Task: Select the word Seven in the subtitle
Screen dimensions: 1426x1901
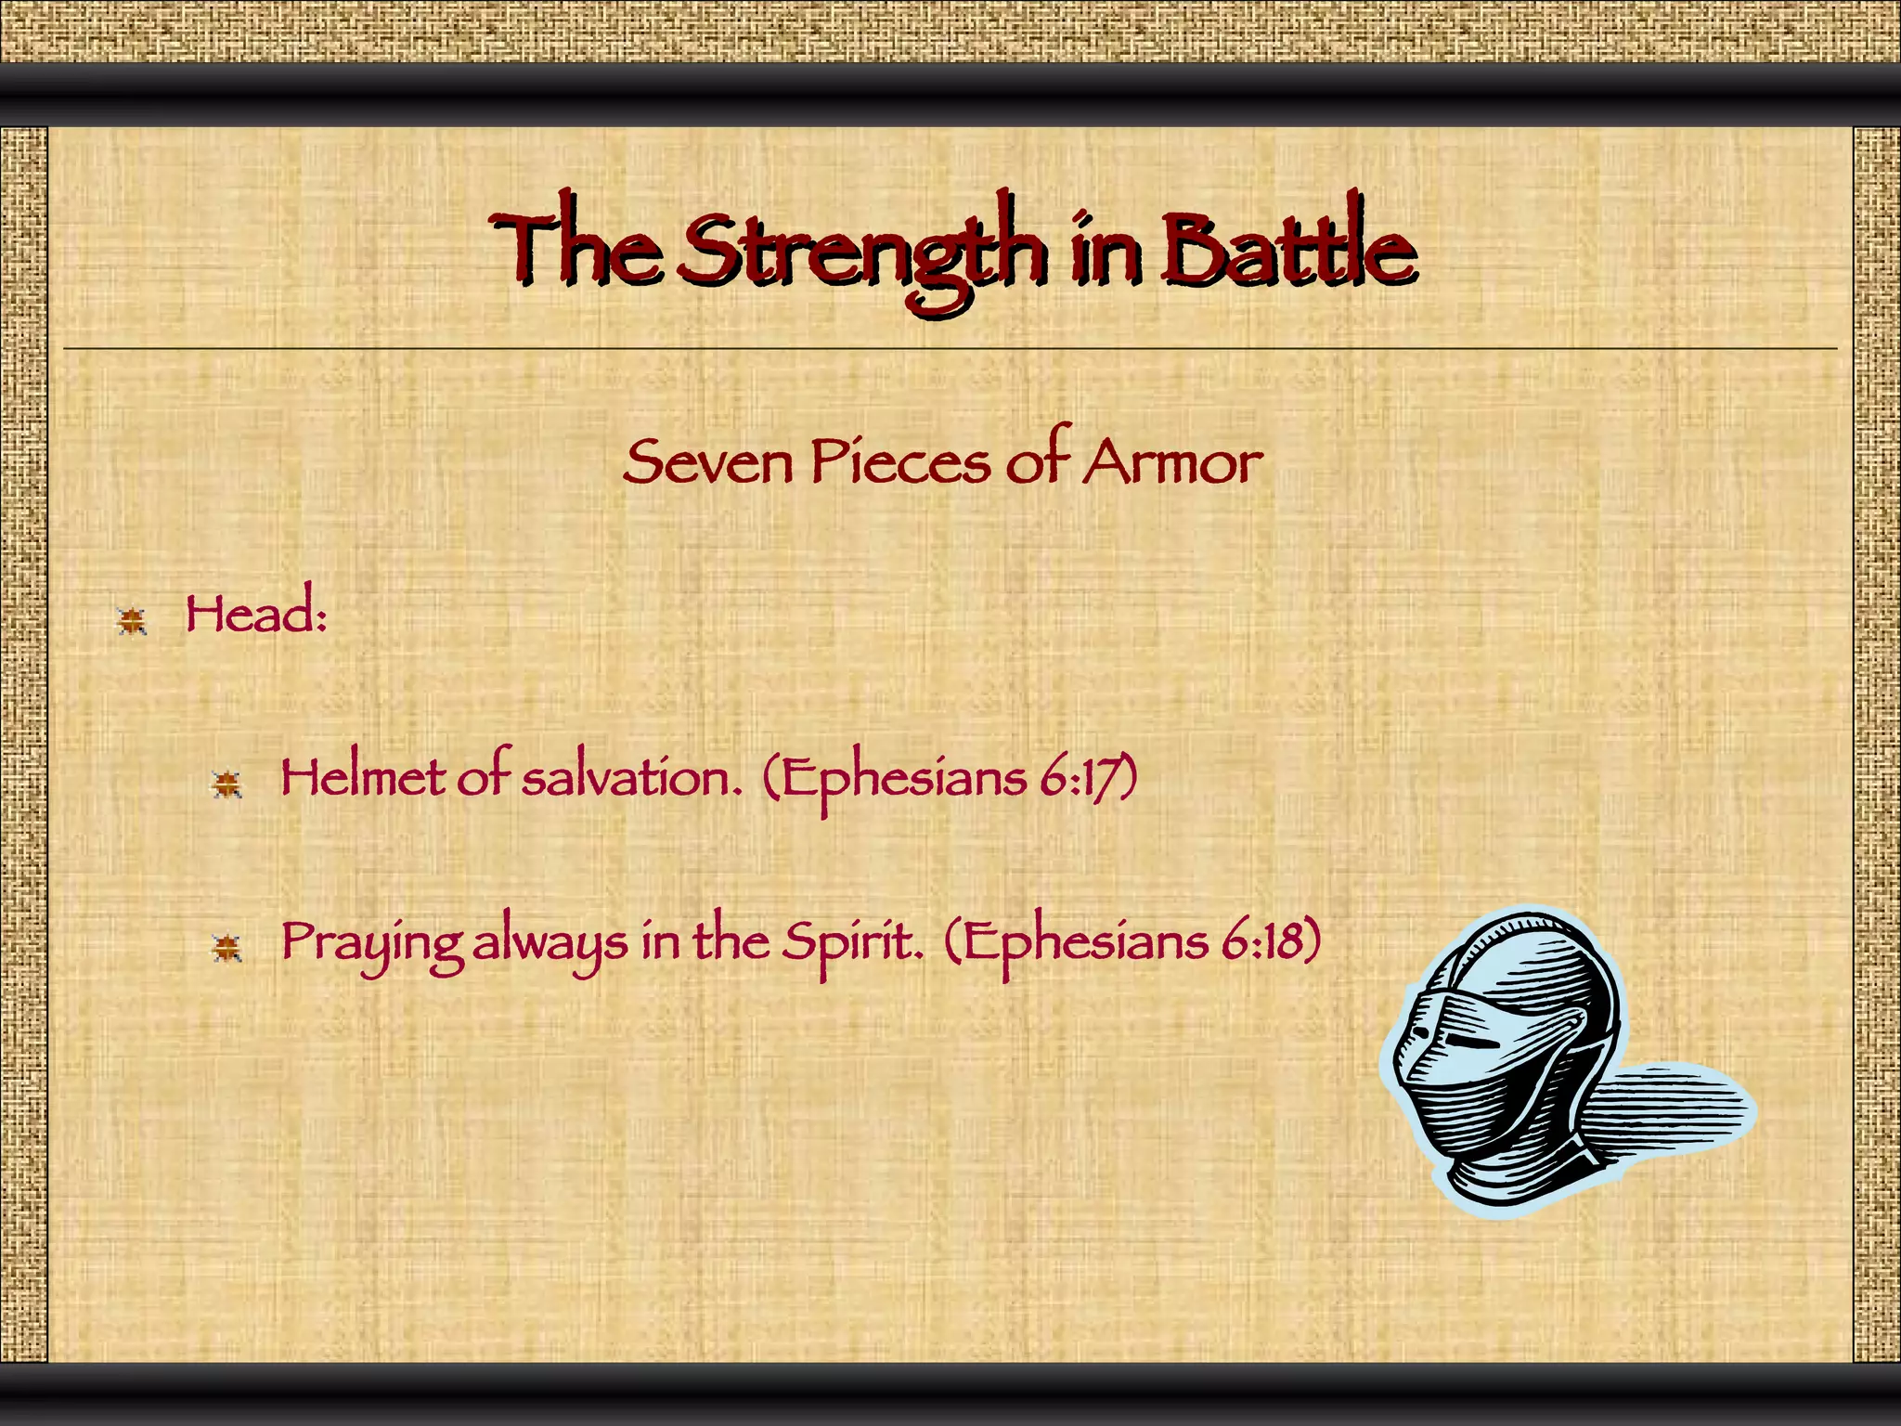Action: (x=707, y=462)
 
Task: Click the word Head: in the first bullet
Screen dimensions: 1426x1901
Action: (x=256, y=615)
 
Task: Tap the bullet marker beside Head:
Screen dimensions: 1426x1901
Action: (x=132, y=620)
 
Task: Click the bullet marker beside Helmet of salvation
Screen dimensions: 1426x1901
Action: (x=226, y=784)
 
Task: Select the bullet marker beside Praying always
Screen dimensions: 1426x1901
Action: (x=226, y=948)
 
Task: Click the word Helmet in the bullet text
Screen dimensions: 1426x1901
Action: (x=362, y=778)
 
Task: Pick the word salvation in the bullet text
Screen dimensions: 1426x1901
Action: (x=631, y=778)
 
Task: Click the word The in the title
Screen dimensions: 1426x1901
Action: (x=575, y=249)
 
